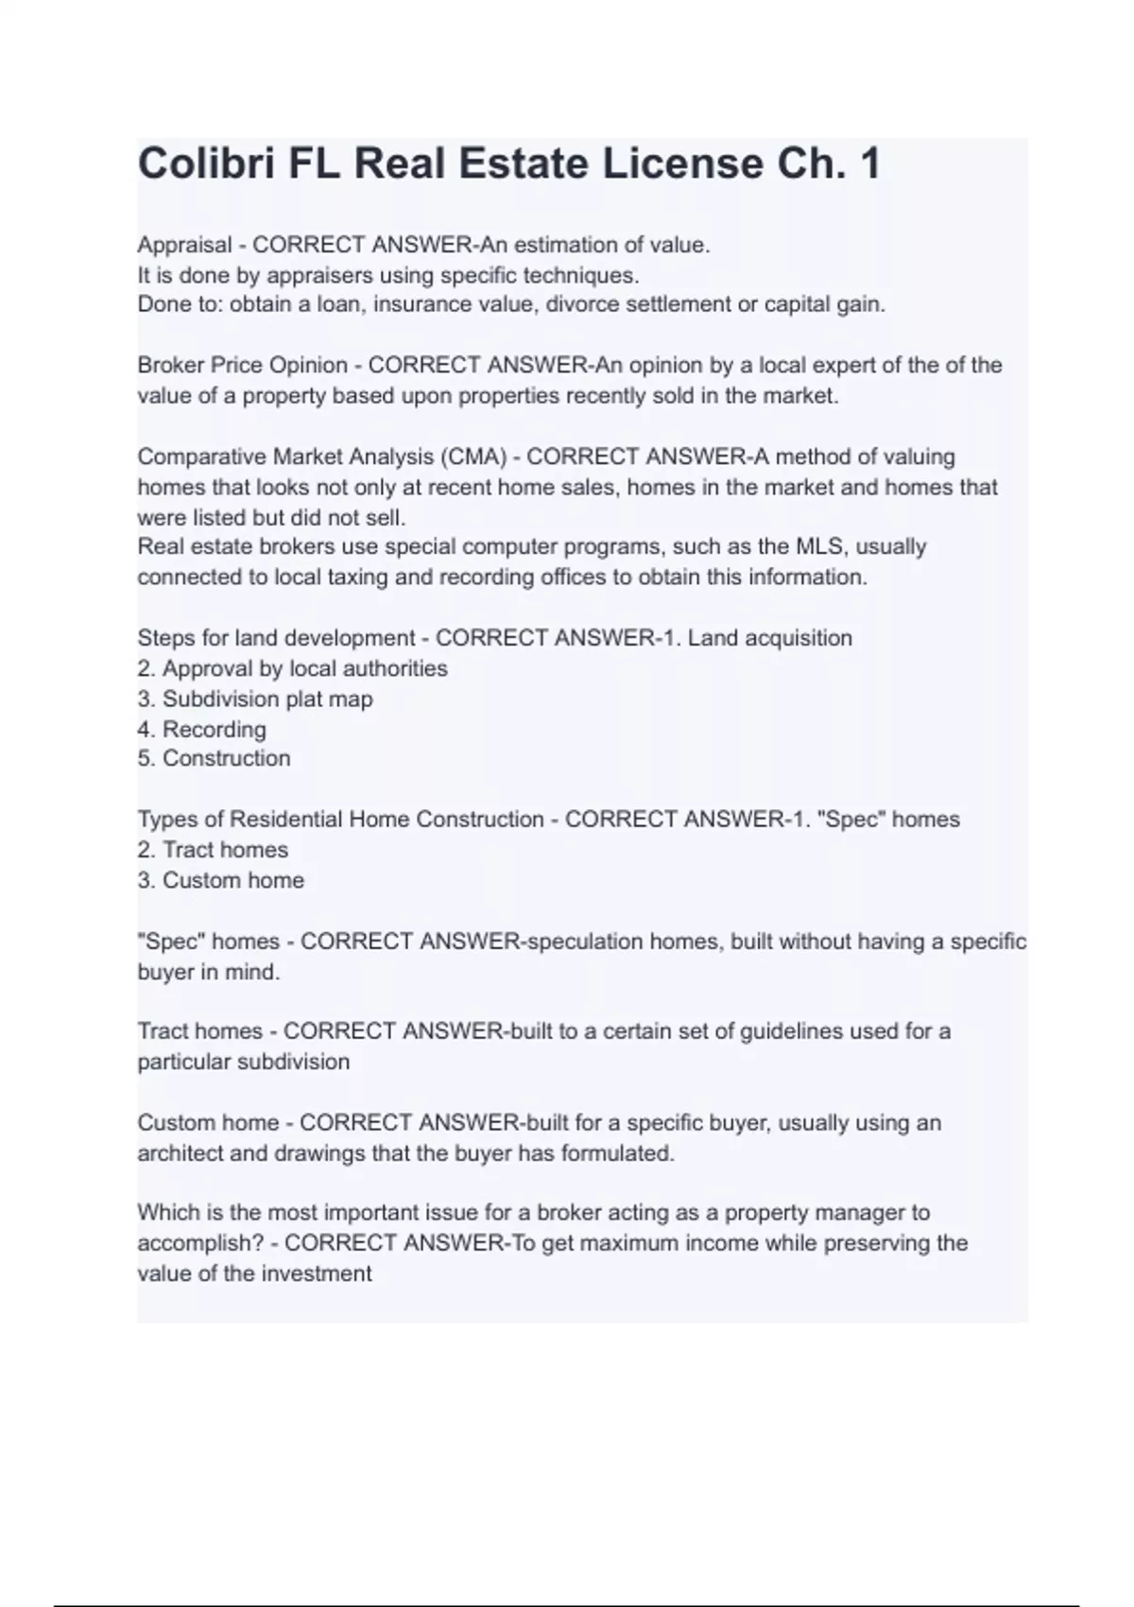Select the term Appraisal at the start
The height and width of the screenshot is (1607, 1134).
(x=184, y=245)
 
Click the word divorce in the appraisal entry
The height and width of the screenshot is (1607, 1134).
(x=583, y=304)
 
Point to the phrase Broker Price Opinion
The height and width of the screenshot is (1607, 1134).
(x=242, y=365)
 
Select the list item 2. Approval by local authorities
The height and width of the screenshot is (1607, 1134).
(x=292, y=668)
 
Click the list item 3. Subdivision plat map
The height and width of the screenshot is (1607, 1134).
(x=255, y=699)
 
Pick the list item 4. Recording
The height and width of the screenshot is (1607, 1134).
(x=202, y=729)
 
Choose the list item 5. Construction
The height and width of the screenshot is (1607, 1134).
(x=214, y=758)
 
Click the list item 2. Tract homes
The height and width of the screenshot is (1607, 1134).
(x=213, y=849)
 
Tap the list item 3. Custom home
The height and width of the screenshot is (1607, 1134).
(x=221, y=880)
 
